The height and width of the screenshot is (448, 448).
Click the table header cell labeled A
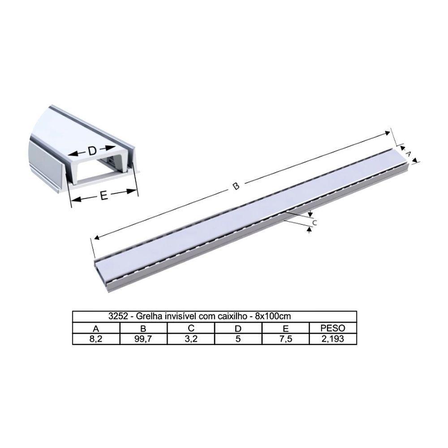coord(96,328)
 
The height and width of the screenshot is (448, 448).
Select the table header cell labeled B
coord(143,328)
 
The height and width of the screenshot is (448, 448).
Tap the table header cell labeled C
coord(190,328)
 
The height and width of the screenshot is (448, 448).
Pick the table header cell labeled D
coord(238,328)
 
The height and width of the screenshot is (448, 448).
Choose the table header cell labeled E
coord(285,328)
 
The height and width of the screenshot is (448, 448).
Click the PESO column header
coord(332,328)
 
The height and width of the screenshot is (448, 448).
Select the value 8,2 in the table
coord(96,339)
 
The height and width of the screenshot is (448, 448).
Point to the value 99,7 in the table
coord(143,339)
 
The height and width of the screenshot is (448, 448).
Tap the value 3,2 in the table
coord(190,339)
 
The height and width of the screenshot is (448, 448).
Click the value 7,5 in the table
coord(285,339)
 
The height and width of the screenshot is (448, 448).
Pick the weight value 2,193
coord(332,339)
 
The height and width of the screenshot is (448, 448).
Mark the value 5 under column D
coord(238,339)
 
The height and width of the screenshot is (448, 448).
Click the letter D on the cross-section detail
coord(92,151)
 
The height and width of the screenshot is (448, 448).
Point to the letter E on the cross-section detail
coord(104,196)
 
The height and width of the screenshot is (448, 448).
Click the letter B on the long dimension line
coord(236,187)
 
